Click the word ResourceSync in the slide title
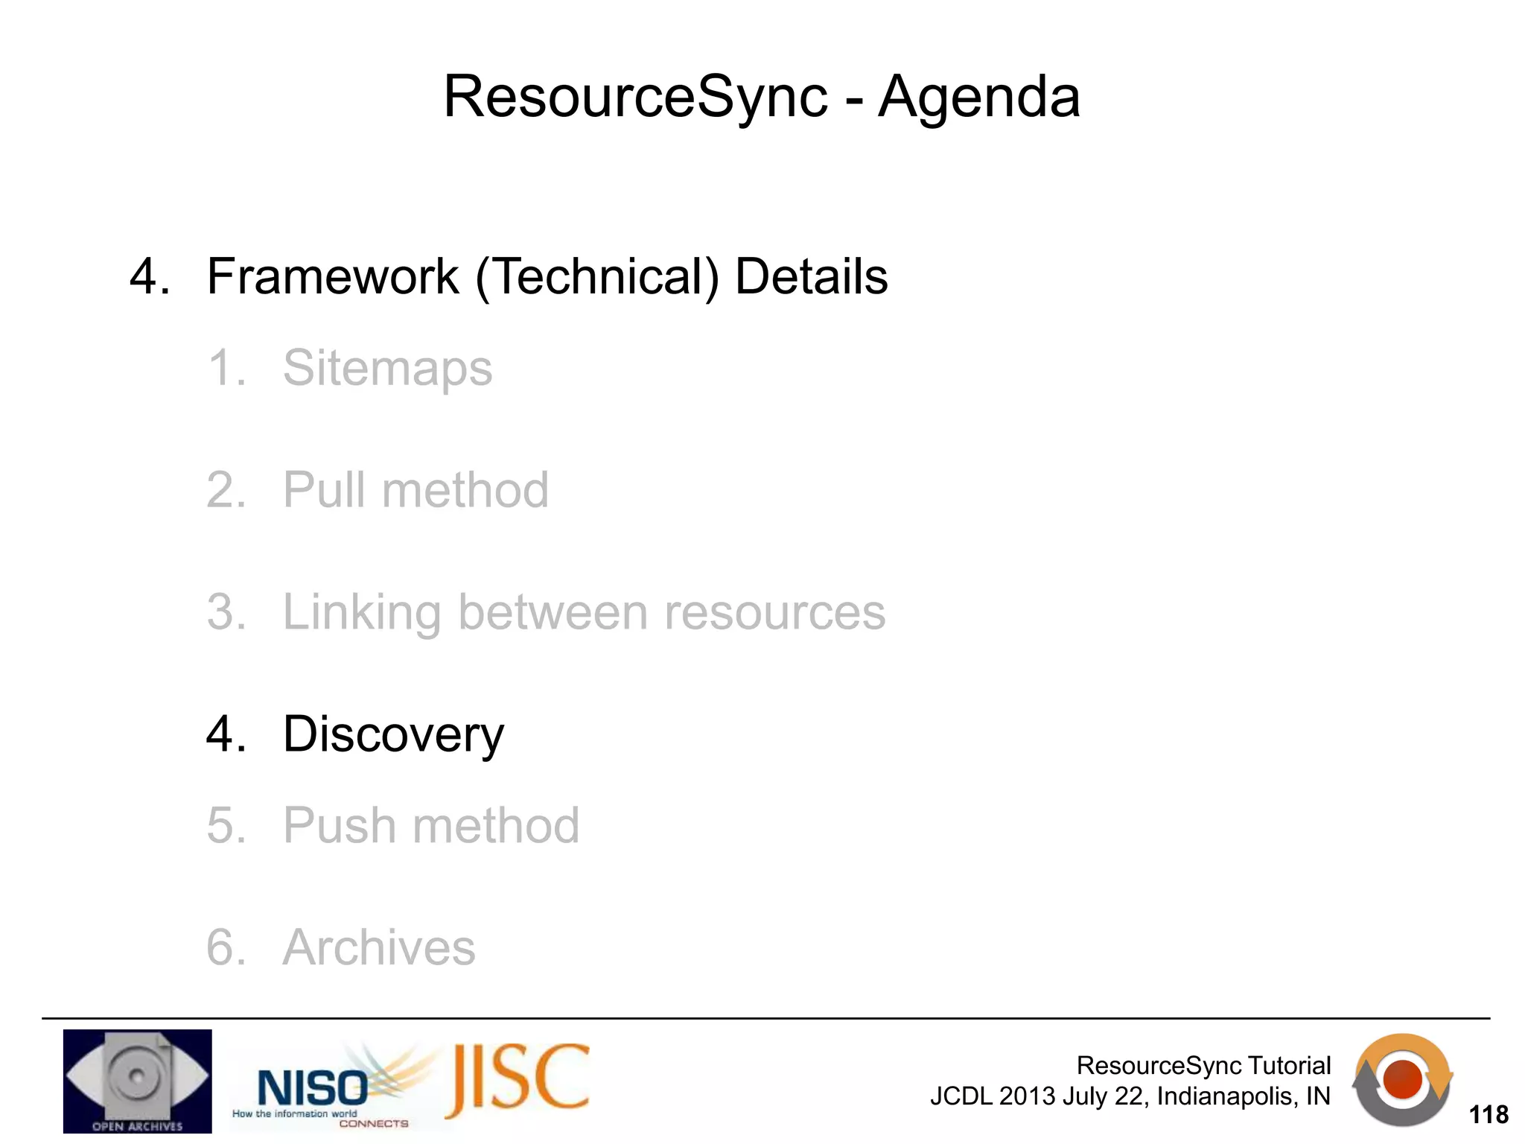(635, 98)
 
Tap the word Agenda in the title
(979, 98)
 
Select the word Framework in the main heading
(332, 277)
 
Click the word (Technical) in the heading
(597, 277)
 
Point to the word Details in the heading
(811, 277)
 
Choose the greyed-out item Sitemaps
(387, 368)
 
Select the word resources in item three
(774, 612)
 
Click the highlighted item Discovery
(393, 734)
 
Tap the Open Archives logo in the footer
(137, 1081)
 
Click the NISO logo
(313, 1088)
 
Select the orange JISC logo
(518, 1080)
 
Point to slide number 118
(1488, 1114)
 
